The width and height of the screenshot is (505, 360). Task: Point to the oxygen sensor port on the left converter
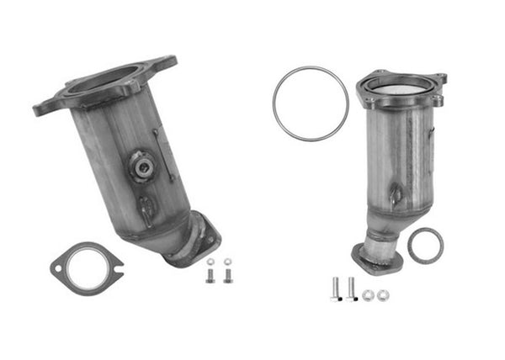pyautogui.click(x=141, y=167)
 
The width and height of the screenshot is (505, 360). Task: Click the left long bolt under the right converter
pyautogui.click(x=336, y=289)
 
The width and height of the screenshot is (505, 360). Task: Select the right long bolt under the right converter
pyautogui.click(x=351, y=288)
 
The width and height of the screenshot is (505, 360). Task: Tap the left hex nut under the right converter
pyautogui.click(x=368, y=294)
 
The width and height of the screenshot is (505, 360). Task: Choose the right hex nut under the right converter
pyautogui.click(x=383, y=294)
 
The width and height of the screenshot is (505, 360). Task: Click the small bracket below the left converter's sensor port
pyautogui.click(x=146, y=206)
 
